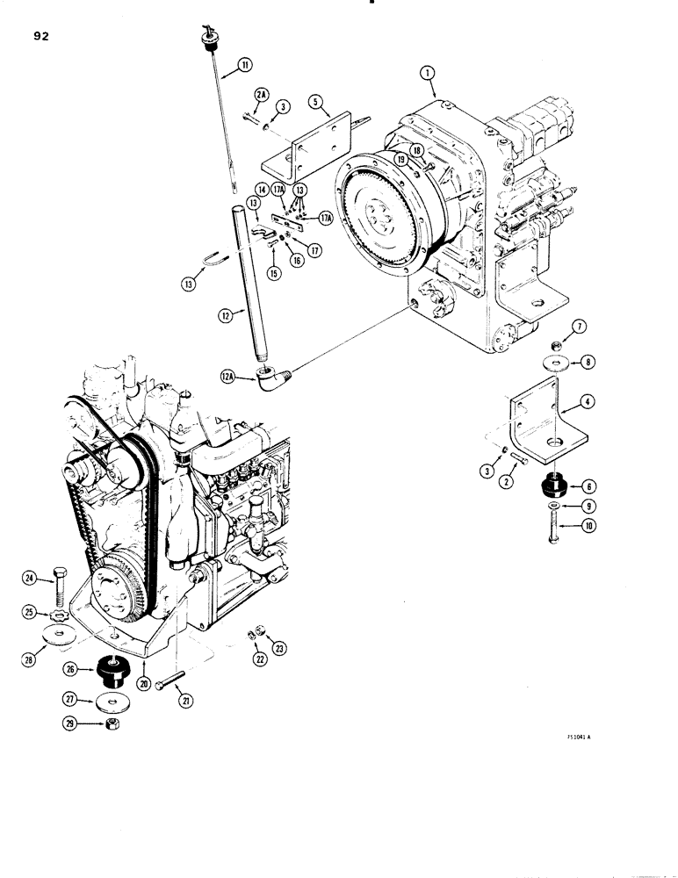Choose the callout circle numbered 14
coord(262,191)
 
